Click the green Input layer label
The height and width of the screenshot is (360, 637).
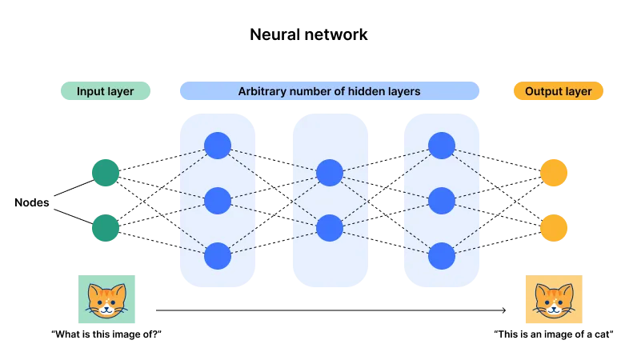pos(105,91)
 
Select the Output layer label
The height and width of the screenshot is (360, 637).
pos(558,91)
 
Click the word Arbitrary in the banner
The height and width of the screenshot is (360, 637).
pos(262,91)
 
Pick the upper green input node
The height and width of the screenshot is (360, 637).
pos(106,173)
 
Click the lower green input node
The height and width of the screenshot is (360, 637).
pos(106,228)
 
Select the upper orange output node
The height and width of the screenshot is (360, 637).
pos(554,173)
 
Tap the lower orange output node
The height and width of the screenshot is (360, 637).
pos(554,228)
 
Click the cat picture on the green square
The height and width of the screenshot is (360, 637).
pos(106,300)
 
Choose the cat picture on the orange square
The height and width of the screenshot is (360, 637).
pos(554,300)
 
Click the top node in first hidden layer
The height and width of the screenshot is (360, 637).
pos(218,146)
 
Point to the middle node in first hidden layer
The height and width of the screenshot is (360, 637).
pos(218,200)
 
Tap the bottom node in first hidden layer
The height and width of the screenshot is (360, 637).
pos(218,256)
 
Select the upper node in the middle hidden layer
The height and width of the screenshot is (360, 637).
pos(330,173)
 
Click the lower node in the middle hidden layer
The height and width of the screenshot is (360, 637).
pos(330,228)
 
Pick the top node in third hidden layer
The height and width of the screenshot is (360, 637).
pos(442,146)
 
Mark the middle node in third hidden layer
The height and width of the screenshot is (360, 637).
pos(442,200)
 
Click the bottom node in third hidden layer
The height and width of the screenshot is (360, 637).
pos(442,256)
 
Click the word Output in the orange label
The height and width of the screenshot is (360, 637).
pos(543,91)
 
